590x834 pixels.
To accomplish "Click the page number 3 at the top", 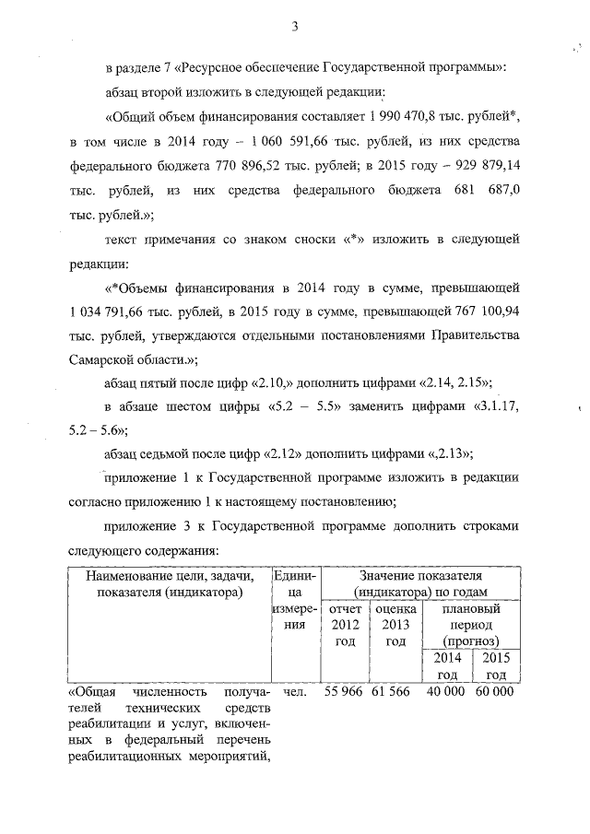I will click(295, 25).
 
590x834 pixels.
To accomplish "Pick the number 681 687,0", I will click(488, 194).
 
